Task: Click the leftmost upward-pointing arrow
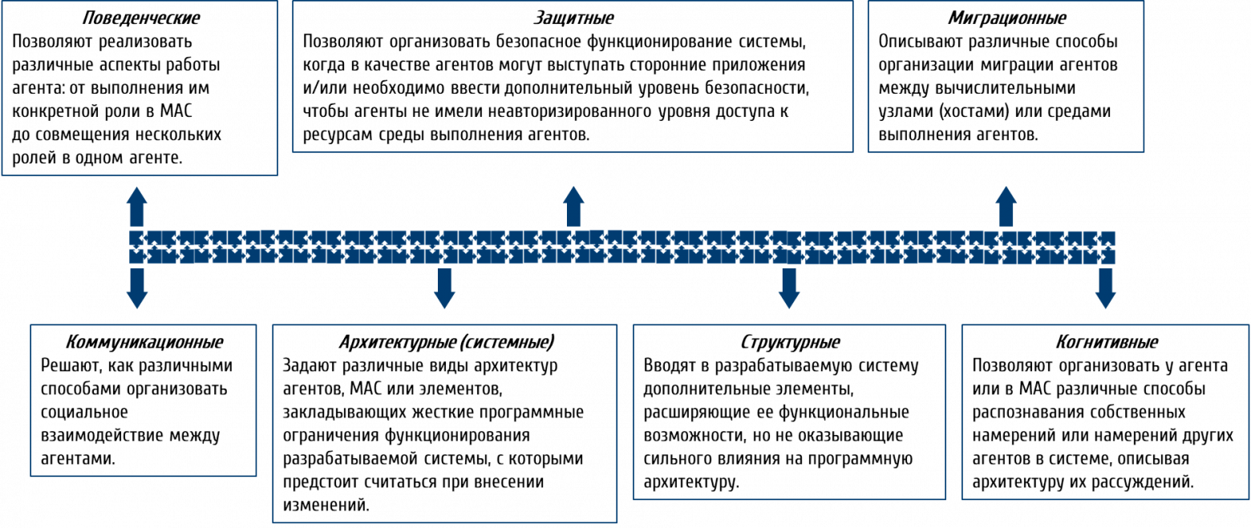pos(137,207)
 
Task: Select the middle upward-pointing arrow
pos(573,206)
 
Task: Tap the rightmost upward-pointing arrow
pos(1006,206)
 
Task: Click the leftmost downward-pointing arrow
pos(137,288)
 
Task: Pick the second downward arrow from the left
pos(444,288)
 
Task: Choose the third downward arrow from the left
pos(789,288)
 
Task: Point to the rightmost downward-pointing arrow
pos(1106,288)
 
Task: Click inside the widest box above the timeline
pos(573,76)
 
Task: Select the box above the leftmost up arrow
pos(140,88)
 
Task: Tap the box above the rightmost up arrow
pos(1006,76)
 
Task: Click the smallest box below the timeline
pos(144,401)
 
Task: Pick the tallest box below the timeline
pos(445,424)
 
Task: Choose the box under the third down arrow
pos(789,412)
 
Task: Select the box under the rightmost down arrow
pos(1106,412)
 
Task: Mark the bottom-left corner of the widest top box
pos(293,151)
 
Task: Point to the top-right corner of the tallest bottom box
pos(617,324)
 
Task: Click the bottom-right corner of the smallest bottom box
pos(256,476)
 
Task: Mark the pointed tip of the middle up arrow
pos(573,183)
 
